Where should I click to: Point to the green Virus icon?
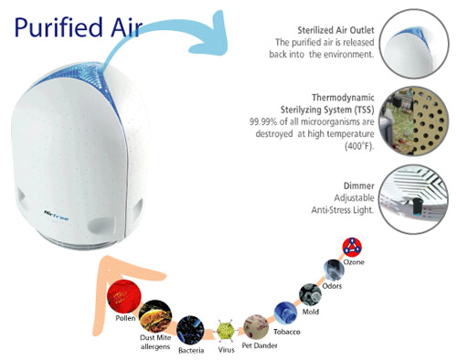(x=225, y=328)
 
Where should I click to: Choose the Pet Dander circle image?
(x=255, y=324)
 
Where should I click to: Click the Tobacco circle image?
(x=284, y=312)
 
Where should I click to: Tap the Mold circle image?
(x=309, y=293)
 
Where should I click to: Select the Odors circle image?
(x=332, y=270)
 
